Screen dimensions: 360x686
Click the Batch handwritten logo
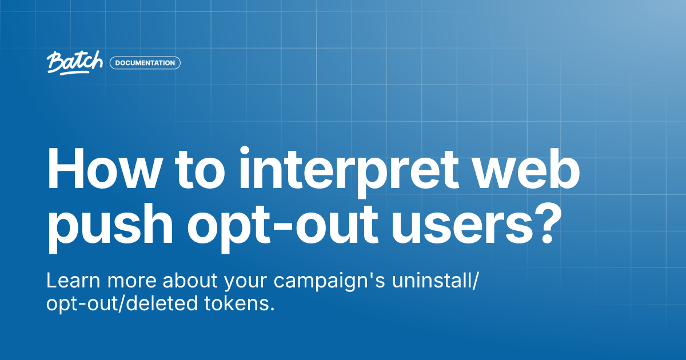click(75, 62)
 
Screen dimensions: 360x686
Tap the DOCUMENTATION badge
click(145, 63)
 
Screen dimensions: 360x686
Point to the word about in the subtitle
click(191, 281)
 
